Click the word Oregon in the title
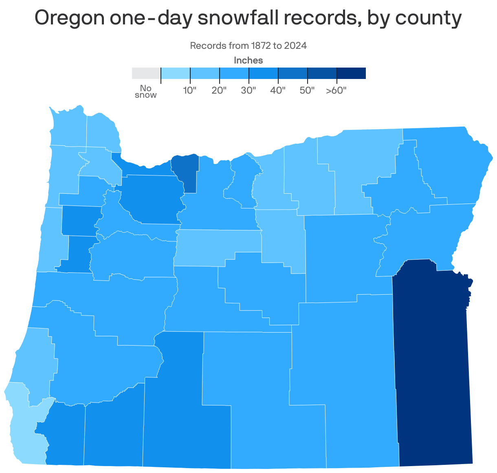pos(69,18)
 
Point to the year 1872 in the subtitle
pos(259,46)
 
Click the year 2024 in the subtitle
pos(295,46)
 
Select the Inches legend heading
pos(248,61)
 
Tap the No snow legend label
pos(145,92)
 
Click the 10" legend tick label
pos(190,90)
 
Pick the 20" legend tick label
pos(219,90)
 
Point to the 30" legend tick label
pos(248,90)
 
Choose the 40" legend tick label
pos(278,90)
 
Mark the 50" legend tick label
pos(307,90)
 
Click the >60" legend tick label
pos(336,90)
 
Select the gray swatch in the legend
pos(146,73)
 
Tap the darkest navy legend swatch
pos(351,73)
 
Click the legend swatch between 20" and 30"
pos(234,73)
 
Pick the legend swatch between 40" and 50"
pos(293,73)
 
